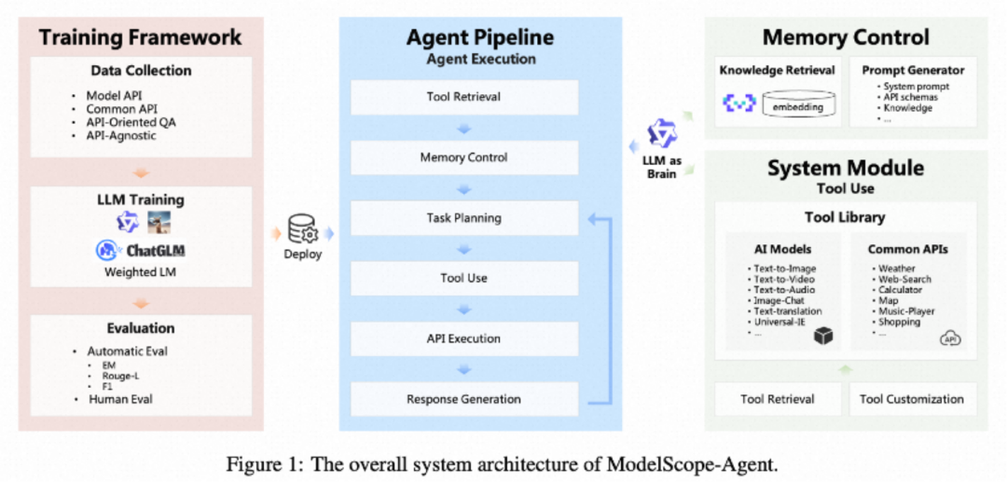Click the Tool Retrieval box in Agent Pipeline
(x=463, y=97)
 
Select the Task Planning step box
(x=463, y=218)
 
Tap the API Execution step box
(x=463, y=338)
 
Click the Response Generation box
(x=463, y=399)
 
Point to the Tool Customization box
(x=911, y=399)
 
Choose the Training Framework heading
(x=140, y=38)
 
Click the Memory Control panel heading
(x=845, y=38)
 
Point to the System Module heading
(x=845, y=169)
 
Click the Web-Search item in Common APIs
(x=904, y=279)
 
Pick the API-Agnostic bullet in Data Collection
(x=121, y=136)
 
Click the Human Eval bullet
(x=120, y=399)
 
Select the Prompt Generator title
(x=912, y=70)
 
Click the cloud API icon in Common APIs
(x=950, y=337)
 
